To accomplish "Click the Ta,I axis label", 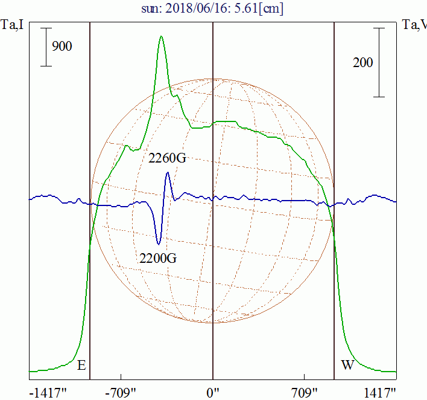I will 13,25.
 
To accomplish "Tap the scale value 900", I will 62,46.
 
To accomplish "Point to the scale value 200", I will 362,62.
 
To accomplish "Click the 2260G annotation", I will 166,158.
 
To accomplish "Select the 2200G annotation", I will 157,259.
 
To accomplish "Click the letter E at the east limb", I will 81,365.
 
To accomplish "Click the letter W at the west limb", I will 347,365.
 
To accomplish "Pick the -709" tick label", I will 122,393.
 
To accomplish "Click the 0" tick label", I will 213,393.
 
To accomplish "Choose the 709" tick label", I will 304,393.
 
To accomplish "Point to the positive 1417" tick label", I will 379,393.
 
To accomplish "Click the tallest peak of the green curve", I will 161,37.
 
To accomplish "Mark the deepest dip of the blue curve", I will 158,244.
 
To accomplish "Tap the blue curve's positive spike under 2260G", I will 168,174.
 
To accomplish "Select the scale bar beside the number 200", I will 379,62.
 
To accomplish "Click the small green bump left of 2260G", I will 126,146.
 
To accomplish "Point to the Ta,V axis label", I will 414,25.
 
